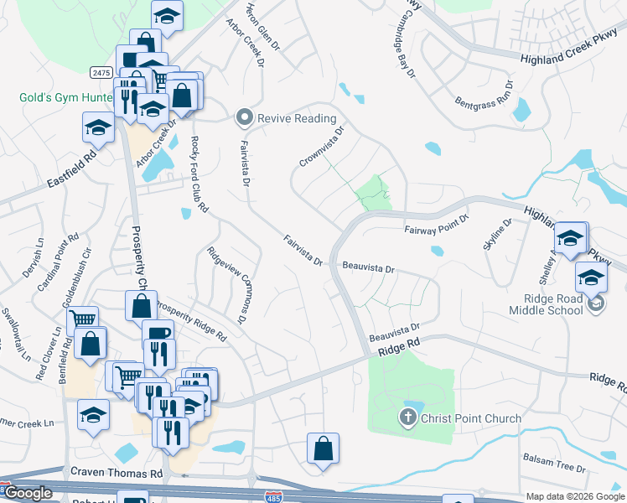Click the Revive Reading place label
coord(296,118)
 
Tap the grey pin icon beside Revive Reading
coord(245,118)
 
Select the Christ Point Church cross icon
coord(408,417)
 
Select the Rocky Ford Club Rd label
coord(198,174)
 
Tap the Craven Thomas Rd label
coord(117,474)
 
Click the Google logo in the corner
coord(28,493)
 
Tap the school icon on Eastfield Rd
coord(98,129)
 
